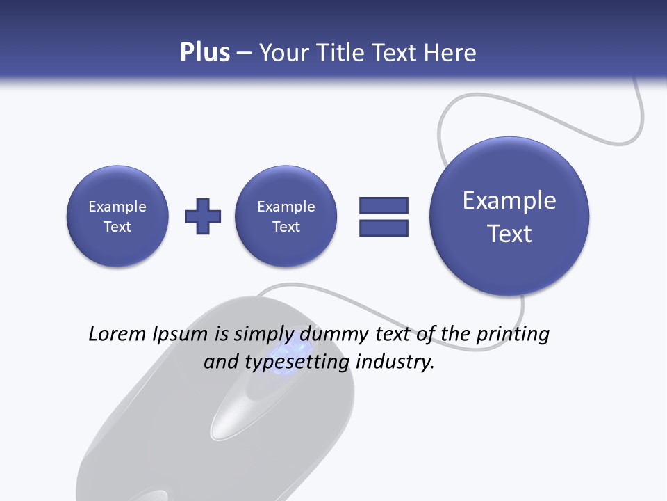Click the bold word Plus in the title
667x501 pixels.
click(204, 53)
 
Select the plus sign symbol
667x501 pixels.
click(203, 216)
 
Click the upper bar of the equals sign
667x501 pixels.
click(384, 205)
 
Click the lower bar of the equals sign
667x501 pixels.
click(384, 228)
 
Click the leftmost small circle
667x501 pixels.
click(117, 216)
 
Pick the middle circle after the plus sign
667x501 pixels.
click(286, 216)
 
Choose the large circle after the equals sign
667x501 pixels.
click(509, 216)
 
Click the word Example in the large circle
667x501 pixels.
click(509, 200)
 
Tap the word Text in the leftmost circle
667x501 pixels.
click(117, 227)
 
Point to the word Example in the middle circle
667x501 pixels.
click(286, 207)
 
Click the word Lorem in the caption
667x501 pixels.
click(117, 334)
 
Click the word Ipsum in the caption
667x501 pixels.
click(180, 334)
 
